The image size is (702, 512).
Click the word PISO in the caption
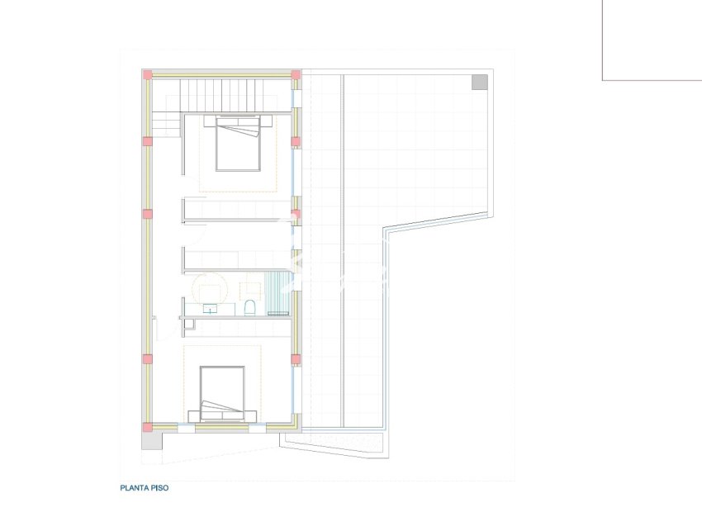161,488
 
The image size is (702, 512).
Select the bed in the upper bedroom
239,145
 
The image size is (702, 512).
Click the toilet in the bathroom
249,308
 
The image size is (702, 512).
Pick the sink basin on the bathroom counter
210,309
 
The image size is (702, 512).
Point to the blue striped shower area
274,293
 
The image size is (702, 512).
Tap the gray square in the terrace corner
479,81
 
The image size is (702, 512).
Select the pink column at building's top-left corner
148,75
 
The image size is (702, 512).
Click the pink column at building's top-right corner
296,75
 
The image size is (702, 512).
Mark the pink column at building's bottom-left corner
148,427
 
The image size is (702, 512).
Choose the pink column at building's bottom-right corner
296,427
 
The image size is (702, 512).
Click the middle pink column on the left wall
148,214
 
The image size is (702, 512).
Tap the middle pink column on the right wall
296,214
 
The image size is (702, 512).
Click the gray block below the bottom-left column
151,441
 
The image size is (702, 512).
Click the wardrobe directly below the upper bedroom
236,208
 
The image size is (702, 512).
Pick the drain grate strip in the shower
277,314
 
